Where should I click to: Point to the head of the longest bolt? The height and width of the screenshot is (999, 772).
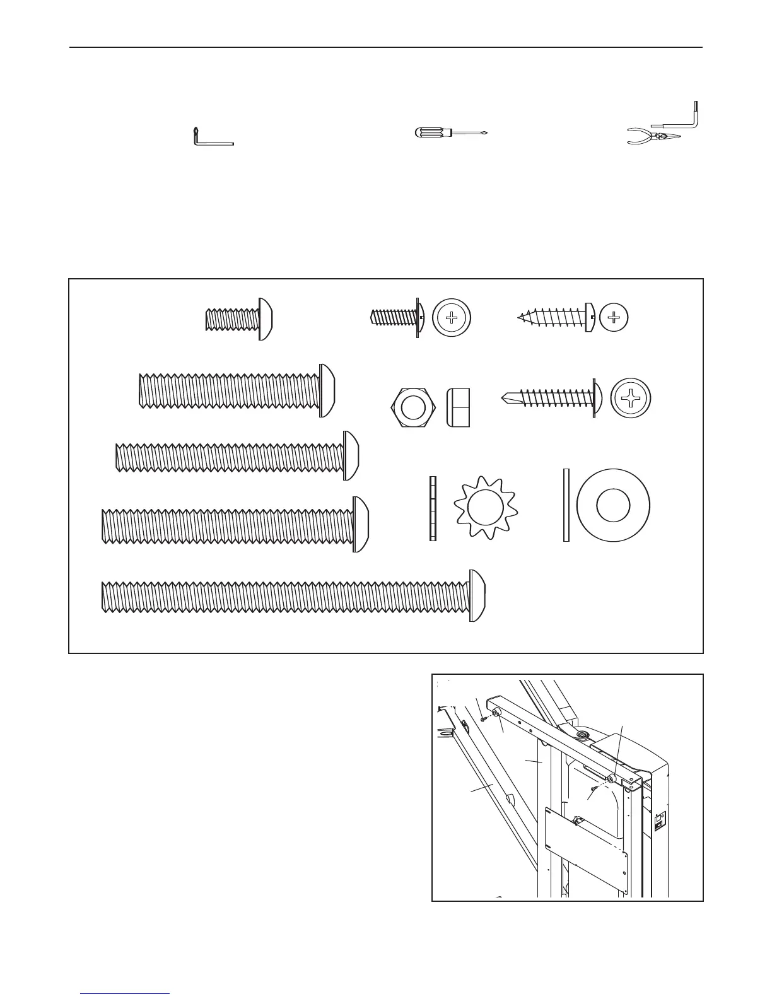coord(477,595)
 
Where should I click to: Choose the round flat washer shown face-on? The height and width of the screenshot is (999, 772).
coord(613,505)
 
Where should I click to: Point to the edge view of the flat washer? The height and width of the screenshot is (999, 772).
coord(566,505)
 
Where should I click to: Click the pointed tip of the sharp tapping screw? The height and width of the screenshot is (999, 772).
coord(521,317)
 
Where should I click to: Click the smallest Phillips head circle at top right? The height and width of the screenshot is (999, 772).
coord(614,318)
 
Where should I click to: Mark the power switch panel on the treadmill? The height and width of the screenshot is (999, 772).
coord(660,822)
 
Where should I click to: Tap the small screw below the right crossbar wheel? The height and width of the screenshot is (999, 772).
coord(595,790)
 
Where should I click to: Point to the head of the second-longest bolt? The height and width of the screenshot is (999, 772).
coord(360,524)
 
